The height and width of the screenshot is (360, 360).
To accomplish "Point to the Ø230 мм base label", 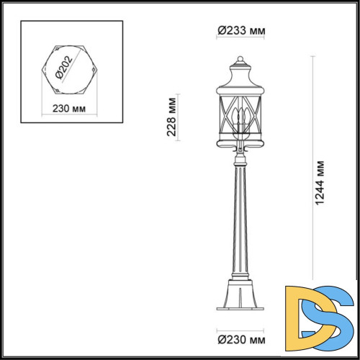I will click(x=240, y=338).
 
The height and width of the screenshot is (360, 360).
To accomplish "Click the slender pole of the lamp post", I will click(x=240, y=216).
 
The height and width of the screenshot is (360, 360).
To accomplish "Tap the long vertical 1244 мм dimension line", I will click(x=310, y=180).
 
